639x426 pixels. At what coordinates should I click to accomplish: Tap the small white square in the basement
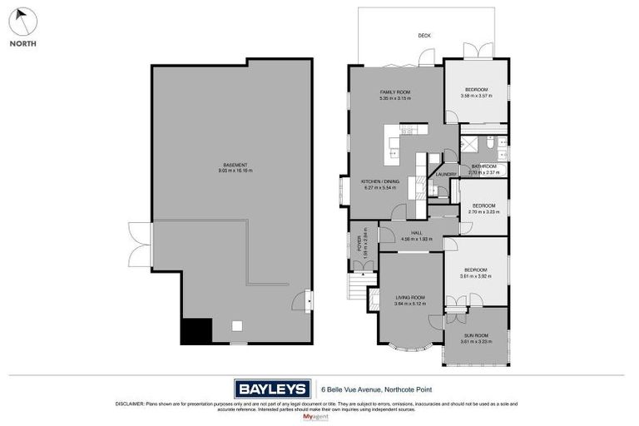(x=237, y=325)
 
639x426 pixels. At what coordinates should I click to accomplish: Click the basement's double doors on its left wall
(x=140, y=245)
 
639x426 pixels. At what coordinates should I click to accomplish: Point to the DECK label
(x=424, y=36)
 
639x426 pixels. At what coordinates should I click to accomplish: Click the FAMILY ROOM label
(x=395, y=92)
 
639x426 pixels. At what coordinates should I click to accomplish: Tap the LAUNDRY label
(x=446, y=174)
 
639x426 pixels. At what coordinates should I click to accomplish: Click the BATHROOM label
(x=483, y=166)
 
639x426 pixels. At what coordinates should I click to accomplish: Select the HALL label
(x=408, y=233)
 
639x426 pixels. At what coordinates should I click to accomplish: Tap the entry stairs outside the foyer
(x=358, y=289)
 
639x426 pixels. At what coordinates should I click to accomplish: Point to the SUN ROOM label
(x=476, y=334)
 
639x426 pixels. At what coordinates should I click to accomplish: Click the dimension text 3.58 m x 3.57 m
(x=476, y=96)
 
